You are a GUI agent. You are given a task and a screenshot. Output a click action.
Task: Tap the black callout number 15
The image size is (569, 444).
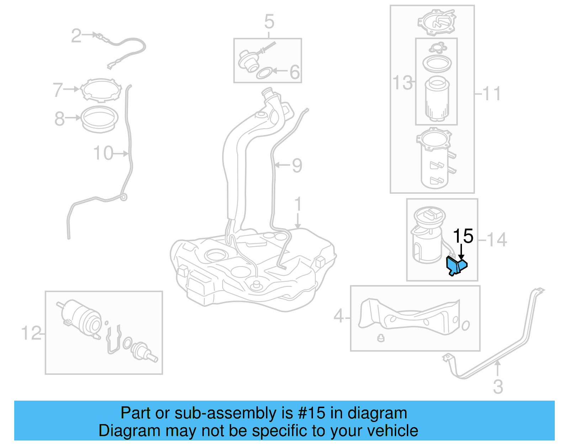(463, 236)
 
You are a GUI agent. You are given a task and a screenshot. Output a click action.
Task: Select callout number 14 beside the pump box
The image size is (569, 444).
(497, 240)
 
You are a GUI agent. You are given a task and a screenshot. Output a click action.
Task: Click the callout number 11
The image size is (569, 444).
(492, 94)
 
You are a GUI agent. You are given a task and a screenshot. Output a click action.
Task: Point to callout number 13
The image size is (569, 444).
(403, 83)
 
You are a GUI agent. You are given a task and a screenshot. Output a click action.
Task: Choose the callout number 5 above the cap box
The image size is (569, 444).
(269, 22)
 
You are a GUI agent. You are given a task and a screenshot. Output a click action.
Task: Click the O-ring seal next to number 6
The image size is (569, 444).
(265, 73)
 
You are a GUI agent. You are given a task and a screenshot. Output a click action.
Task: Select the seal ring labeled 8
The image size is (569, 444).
(99, 119)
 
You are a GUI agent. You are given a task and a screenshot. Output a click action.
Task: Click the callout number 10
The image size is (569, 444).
(103, 153)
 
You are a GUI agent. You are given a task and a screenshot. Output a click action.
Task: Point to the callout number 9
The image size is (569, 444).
(297, 165)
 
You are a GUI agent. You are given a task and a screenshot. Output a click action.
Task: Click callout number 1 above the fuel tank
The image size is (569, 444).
(298, 205)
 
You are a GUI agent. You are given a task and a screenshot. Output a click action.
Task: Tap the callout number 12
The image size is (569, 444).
(31, 333)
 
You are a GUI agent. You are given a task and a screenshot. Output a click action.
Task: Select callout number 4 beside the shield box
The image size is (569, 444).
(339, 316)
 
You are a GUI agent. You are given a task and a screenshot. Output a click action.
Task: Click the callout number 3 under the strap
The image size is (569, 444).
(498, 386)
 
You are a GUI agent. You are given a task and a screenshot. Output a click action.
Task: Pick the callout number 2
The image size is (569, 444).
(76, 36)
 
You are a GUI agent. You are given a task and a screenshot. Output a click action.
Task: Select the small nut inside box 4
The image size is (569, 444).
(381, 338)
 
